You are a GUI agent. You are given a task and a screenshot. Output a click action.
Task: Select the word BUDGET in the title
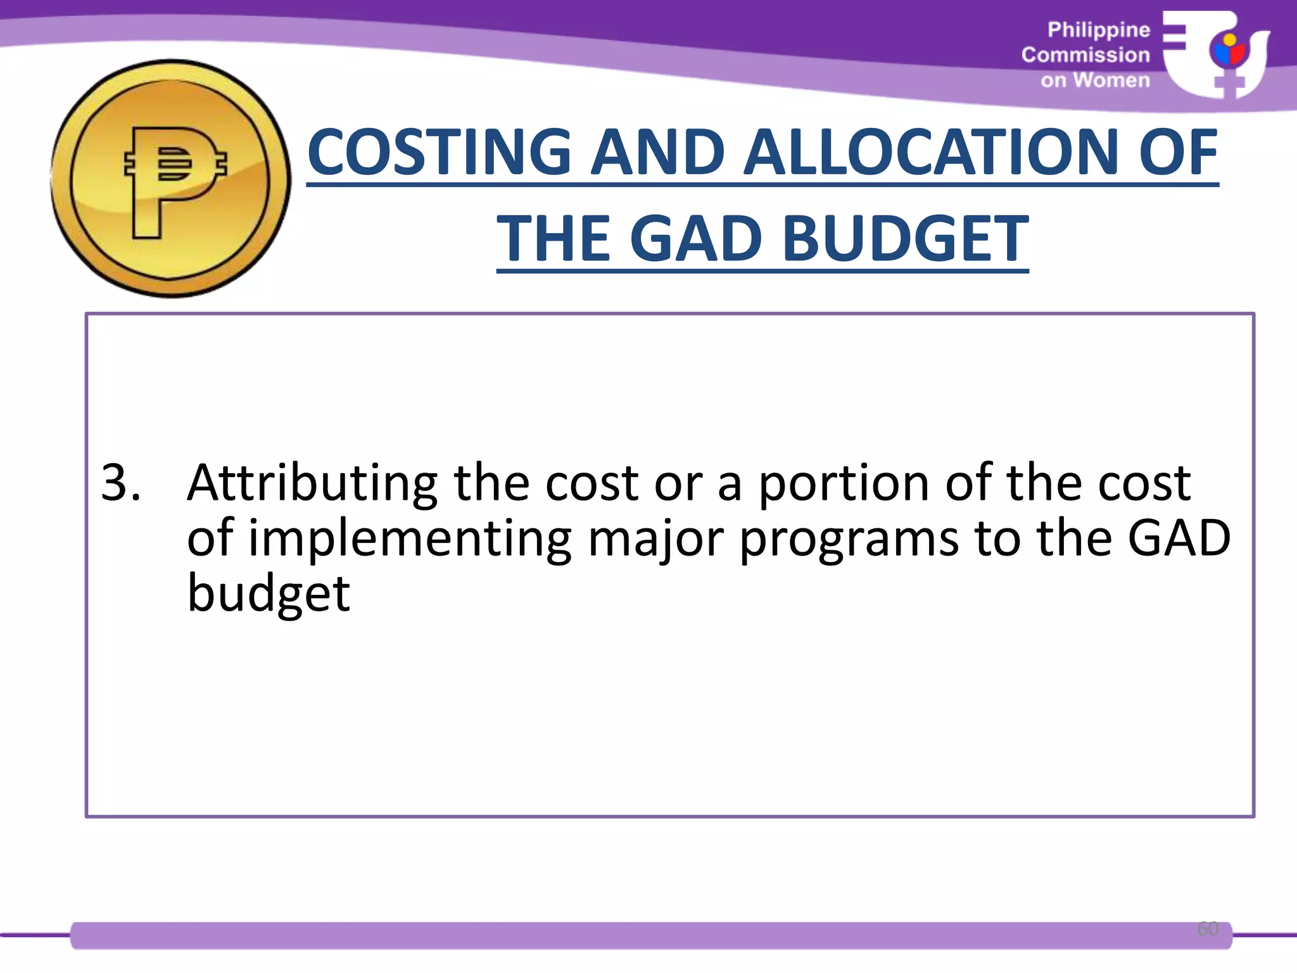point(906,239)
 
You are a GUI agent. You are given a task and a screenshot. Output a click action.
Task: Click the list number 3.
point(120,483)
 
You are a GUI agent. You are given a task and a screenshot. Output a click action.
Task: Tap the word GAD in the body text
point(1179,538)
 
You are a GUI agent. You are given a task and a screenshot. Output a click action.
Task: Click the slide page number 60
point(1207,929)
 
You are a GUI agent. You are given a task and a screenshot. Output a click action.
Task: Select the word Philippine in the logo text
point(1098,30)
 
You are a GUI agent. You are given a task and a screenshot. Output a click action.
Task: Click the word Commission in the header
point(1085,55)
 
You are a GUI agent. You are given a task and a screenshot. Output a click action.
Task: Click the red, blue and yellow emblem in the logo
point(1228,51)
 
